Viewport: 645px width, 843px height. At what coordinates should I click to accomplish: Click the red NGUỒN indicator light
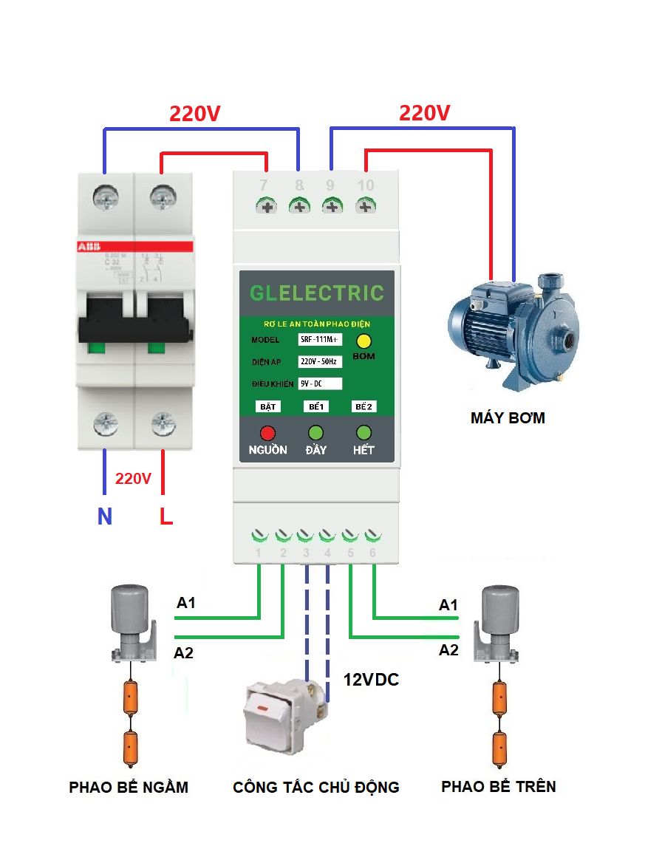pyautogui.click(x=267, y=433)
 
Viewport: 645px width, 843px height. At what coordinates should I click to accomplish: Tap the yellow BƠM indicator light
pyautogui.click(x=364, y=341)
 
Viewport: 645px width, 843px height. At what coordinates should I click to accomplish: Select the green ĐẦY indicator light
pyautogui.click(x=315, y=433)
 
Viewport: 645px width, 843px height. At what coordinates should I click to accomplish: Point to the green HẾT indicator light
pyautogui.click(x=364, y=433)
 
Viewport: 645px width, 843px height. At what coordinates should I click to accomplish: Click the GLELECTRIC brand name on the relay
pyautogui.click(x=317, y=293)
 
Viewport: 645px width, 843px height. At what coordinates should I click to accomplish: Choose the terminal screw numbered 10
pyautogui.click(x=364, y=206)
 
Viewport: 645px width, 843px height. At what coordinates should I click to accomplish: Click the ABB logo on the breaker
pyautogui.click(x=89, y=246)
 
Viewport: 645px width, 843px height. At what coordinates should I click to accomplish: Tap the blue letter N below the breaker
pyautogui.click(x=105, y=516)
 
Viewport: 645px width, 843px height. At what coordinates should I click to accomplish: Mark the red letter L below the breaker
pyautogui.click(x=166, y=516)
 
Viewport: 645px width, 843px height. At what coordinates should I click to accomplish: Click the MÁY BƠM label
pyautogui.click(x=508, y=418)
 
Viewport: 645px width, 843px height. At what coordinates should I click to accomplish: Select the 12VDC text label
pyautogui.click(x=371, y=680)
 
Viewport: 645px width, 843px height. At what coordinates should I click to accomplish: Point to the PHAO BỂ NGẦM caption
pyautogui.click(x=129, y=788)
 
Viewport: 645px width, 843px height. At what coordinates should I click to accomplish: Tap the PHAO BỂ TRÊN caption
pyautogui.click(x=498, y=786)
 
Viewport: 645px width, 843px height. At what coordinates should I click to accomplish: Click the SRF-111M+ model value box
pyautogui.click(x=320, y=340)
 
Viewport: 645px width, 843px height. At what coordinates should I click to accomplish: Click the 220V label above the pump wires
pyautogui.click(x=424, y=113)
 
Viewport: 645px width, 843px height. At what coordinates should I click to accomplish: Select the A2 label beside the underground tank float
pyautogui.click(x=185, y=652)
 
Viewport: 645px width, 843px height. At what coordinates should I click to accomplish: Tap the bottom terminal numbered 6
pyautogui.click(x=373, y=536)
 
